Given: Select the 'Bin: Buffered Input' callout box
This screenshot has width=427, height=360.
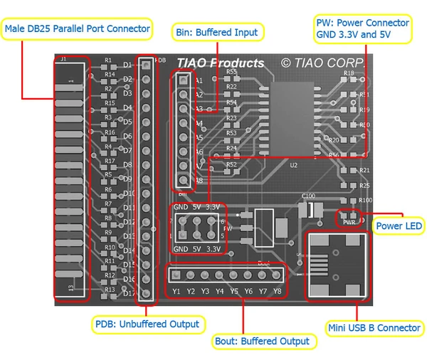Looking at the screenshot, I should pos(218,31).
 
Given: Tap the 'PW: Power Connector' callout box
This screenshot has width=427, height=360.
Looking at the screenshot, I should pos(363,29).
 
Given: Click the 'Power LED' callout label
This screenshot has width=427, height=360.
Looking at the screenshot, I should pos(399,226).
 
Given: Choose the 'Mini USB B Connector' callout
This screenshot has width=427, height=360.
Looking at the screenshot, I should pos(374,327).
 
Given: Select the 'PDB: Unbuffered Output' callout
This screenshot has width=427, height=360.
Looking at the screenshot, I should pos(147,324).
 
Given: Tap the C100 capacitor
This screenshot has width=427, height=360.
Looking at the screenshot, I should pos(309,208).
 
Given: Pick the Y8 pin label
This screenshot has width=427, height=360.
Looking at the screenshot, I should pos(276,291).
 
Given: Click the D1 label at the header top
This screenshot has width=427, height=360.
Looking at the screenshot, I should pos(127,65).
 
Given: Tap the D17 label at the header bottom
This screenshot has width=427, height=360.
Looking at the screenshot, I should pos(129,292).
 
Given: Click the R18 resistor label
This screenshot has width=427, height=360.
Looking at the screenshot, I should pos(349,73).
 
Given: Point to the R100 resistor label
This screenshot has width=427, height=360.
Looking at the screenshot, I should pos(365,201).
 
